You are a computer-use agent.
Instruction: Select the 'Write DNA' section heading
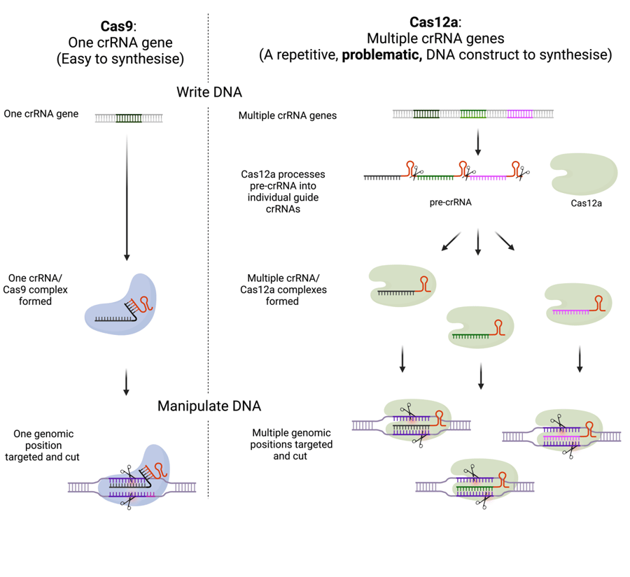point(209,92)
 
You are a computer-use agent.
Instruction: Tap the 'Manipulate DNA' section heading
point(209,406)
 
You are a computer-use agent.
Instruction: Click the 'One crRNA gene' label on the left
point(41,113)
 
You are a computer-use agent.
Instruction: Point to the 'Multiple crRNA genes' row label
point(288,115)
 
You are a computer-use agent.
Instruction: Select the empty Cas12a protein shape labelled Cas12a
point(584,174)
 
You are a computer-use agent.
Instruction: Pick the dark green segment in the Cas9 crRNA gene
point(129,118)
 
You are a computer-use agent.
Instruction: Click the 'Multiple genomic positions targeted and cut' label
point(292,444)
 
